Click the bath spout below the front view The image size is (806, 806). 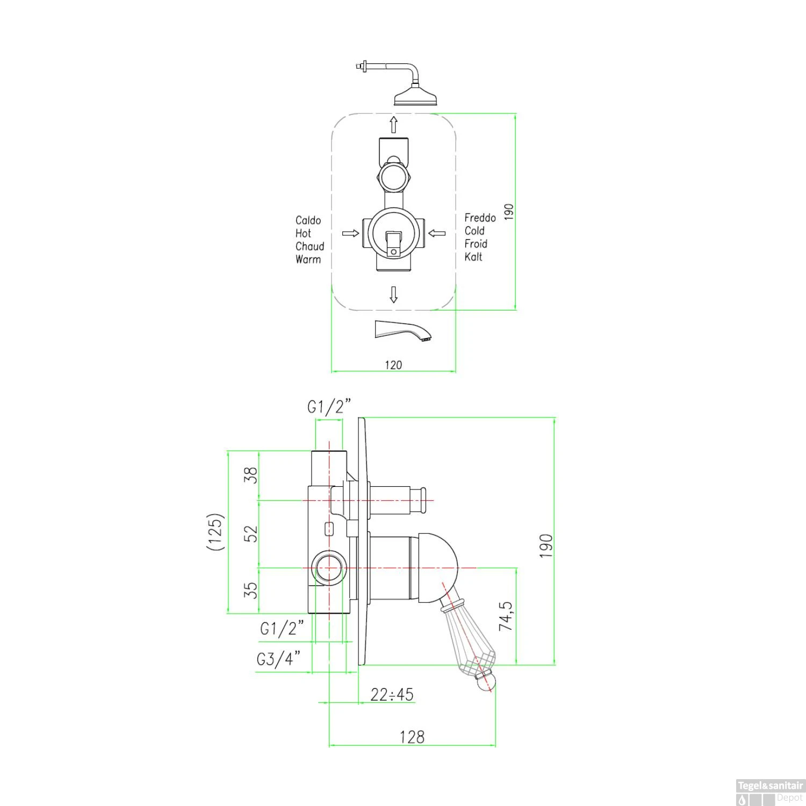(403, 330)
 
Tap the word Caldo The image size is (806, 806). (308, 220)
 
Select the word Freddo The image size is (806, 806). (480, 218)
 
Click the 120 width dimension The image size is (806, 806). (393, 365)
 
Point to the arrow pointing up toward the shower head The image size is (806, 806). (393, 124)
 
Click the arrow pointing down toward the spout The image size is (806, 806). (393, 294)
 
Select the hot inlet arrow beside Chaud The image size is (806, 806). (351, 233)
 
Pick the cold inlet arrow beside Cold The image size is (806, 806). (437, 233)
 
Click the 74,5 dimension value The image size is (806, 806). (506, 616)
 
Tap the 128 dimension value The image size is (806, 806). (412, 737)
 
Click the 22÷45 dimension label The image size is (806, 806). (392, 694)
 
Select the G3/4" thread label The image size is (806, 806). (278, 658)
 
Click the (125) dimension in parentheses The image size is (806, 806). (215, 532)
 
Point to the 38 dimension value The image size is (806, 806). (251, 475)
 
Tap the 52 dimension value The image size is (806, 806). (251, 534)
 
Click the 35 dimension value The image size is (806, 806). (251, 591)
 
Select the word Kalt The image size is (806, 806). (473, 257)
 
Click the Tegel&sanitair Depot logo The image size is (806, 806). (769, 792)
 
